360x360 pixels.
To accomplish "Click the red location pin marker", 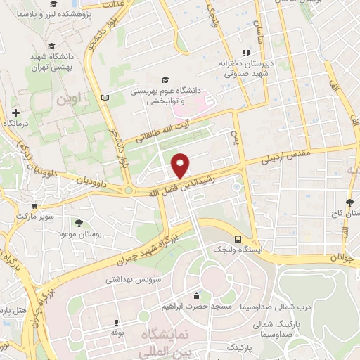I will pos(181,164).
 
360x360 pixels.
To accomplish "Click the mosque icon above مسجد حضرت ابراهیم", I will pos(194,295).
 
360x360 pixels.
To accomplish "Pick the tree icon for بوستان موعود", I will pos(78,223).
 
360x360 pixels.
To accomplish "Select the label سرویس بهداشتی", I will pos(134,279).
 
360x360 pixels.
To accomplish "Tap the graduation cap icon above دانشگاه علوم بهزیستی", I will pos(165,79).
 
